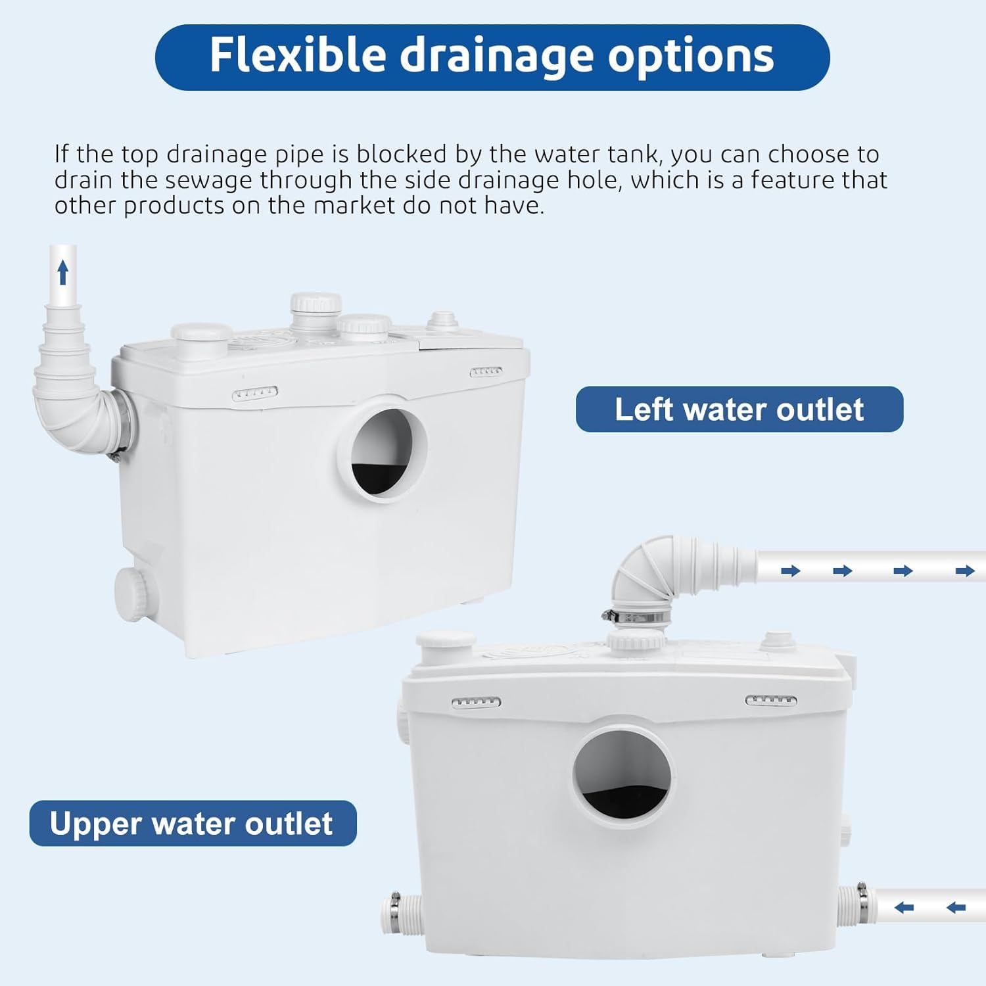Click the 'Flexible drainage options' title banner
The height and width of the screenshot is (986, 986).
pyautogui.click(x=492, y=57)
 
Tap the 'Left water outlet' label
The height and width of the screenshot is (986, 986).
pyautogui.click(x=739, y=409)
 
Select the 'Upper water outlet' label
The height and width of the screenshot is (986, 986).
pyautogui.click(x=193, y=823)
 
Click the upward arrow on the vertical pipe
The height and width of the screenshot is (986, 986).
pyautogui.click(x=63, y=272)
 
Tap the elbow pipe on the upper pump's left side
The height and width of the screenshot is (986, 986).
pyautogui.click(x=76, y=381)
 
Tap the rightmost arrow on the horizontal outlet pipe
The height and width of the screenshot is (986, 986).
pyautogui.click(x=965, y=570)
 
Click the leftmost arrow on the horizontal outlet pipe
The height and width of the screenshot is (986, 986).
pyautogui.click(x=791, y=570)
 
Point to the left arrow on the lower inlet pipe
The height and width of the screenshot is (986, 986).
pyautogui.click(x=904, y=908)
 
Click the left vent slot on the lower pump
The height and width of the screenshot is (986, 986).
pyautogui.click(x=477, y=702)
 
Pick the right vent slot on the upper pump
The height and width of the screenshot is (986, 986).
pyautogui.click(x=486, y=371)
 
